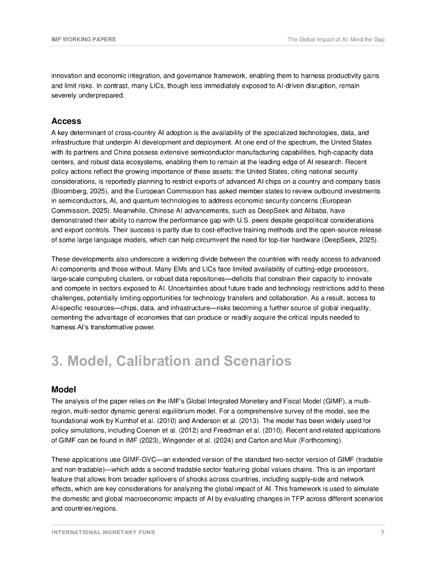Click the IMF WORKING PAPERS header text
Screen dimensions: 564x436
83,40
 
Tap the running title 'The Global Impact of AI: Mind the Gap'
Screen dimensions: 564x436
336,40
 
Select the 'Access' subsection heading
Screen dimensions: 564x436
66,121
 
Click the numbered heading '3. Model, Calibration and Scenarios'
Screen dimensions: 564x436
171,361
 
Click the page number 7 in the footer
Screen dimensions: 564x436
383,533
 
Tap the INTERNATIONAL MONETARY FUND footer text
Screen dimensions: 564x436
103,533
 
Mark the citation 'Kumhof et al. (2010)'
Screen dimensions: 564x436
138,421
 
